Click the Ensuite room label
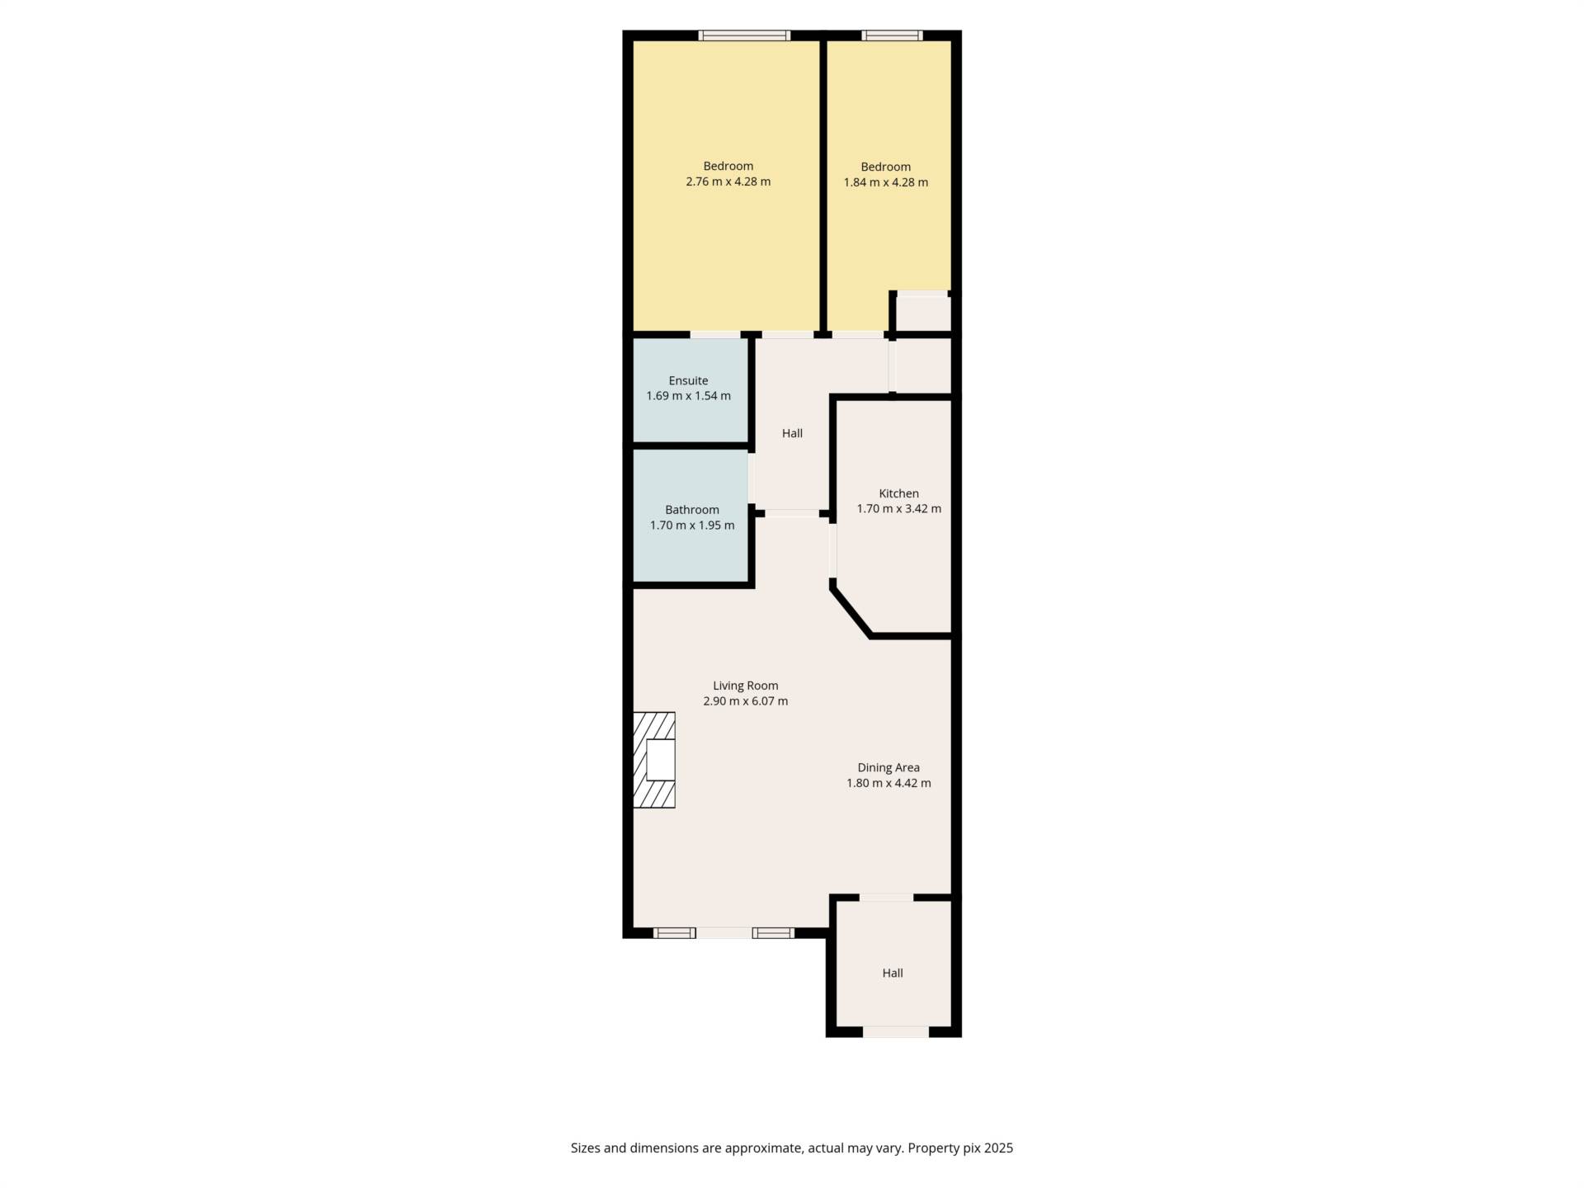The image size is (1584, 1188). pyautogui.click(x=688, y=380)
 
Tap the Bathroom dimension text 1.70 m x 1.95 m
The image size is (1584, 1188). pyautogui.click(x=692, y=526)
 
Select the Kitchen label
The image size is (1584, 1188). pyautogui.click(x=898, y=493)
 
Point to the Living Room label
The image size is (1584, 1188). pyautogui.click(x=746, y=686)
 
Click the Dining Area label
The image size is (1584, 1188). pyautogui.click(x=889, y=767)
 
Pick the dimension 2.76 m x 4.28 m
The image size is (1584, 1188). pyautogui.click(x=728, y=181)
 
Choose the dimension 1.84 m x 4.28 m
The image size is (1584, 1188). pyautogui.click(x=886, y=182)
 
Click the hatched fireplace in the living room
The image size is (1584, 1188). pyautogui.click(x=654, y=760)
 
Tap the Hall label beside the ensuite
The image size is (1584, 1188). pyautogui.click(x=792, y=433)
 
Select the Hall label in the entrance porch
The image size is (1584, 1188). pyautogui.click(x=893, y=973)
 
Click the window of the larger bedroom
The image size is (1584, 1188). pyautogui.click(x=744, y=35)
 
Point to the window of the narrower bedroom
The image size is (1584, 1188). pyautogui.click(x=892, y=35)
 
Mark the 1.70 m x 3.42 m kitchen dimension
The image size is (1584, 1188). pyautogui.click(x=898, y=509)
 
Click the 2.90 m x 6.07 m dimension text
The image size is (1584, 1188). pyautogui.click(x=746, y=701)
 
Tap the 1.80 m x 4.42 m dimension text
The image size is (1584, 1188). pyautogui.click(x=889, y=783)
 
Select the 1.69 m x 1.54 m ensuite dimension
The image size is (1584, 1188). pyautogui.click(x=688, y=396)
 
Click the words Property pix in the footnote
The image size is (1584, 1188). pyautogui.click(x=941, y=1148)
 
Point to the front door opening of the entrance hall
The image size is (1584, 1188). pyautogui.click(x=896, y=1031)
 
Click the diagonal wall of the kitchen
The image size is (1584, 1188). pyautogui.click(x=851, y=611)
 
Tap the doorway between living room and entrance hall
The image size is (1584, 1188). pyautogui.click(x=886, y=898)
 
